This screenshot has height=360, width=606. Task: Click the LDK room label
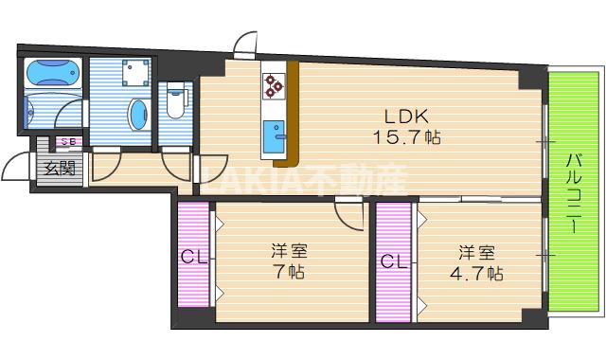coord(406,117)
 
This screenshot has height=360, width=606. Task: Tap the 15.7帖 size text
coord(406,136)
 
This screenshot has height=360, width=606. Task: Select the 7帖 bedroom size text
coord(289,272)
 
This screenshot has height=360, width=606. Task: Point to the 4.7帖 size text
coord(476,274)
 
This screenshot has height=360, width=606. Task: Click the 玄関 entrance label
coord(60,169)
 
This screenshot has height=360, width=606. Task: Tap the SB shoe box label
coord(69,141)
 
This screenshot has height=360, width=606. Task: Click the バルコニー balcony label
coord(575,193)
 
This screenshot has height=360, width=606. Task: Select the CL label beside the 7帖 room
coord(194,256)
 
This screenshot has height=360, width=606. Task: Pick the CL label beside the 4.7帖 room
coord(394,261)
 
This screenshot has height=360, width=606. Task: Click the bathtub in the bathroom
coord(53,72)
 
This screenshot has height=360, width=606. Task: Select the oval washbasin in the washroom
coord(139,115)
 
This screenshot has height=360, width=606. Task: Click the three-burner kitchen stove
coord(274,85)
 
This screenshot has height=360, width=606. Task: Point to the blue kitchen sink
coord(274,136)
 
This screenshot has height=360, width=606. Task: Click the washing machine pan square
coord(136,72)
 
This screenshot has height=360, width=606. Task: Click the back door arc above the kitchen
coord(245,42)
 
